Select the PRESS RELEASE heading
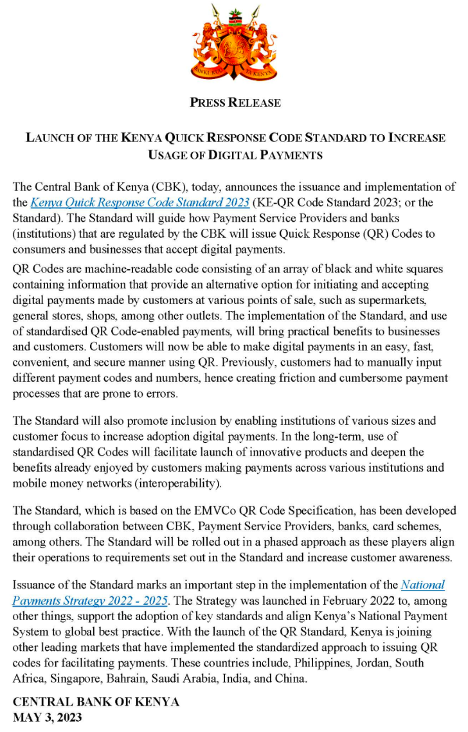click(235, 102)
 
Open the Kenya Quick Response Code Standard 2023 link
click(139, 202)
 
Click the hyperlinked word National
click(422, 585)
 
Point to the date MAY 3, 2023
click(48, 717)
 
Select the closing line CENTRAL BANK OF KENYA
click(96, 701)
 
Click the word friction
click(291, 377)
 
